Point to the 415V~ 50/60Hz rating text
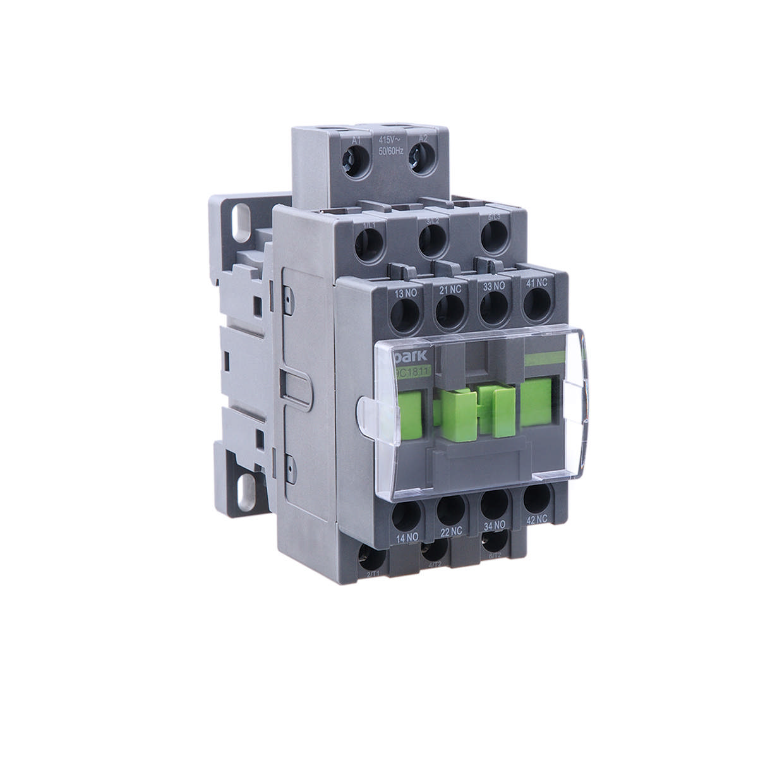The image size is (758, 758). pos(390,146)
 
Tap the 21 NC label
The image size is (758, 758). pos(450,290)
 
